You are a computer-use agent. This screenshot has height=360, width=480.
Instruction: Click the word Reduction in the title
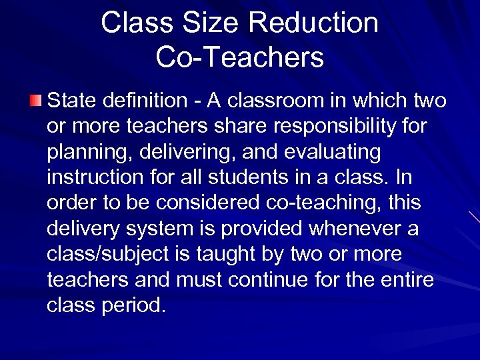click(x=313, y=23)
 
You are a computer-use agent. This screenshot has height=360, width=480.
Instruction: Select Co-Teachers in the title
click(x=240, y=57)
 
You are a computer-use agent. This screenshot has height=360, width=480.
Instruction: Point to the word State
click(x=71, y=101)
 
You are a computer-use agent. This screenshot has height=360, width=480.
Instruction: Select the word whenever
click(x=349, y=229)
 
